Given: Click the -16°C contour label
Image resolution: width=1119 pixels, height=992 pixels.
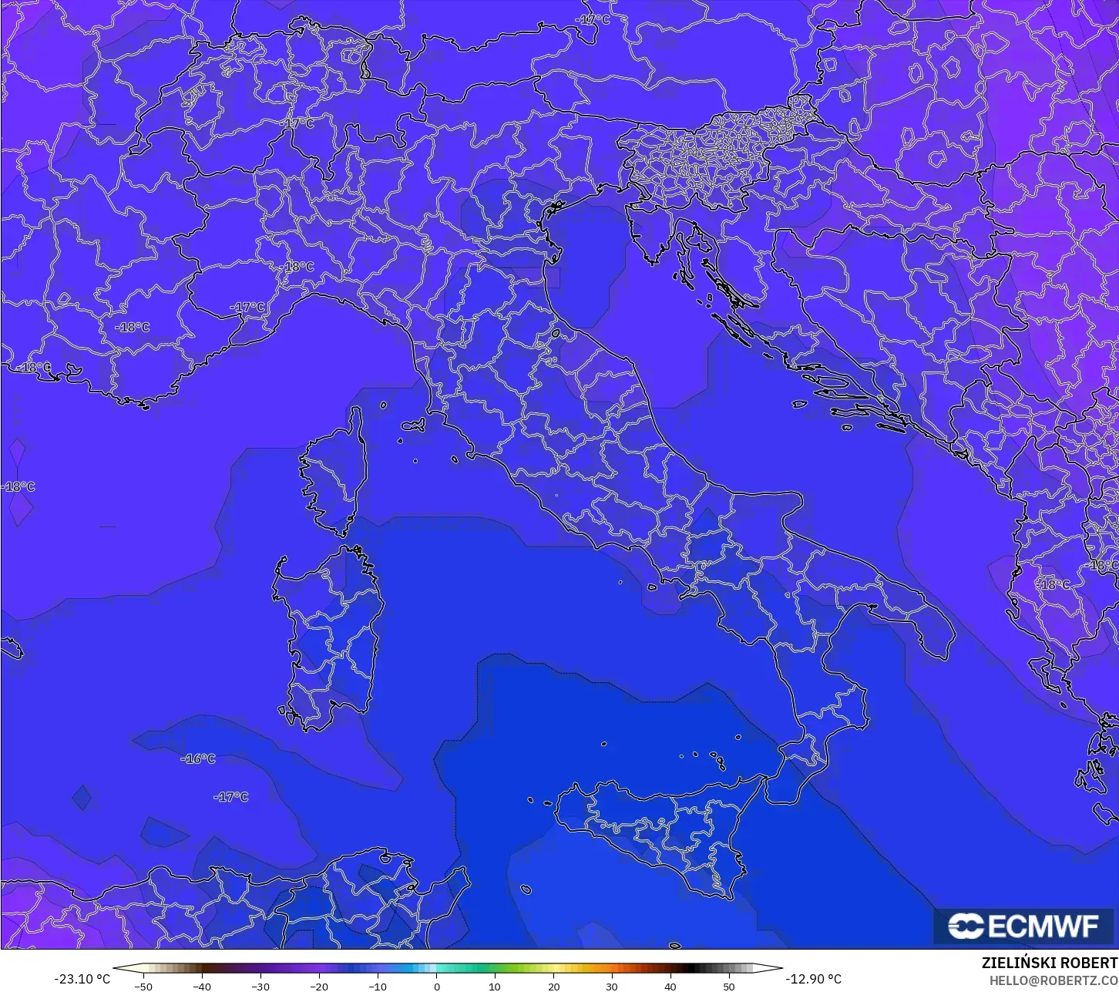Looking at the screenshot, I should tap(198, 759).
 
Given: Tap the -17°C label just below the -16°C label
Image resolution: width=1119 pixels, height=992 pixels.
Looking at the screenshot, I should tap(231, 797).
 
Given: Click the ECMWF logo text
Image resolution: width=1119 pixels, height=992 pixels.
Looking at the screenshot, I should tap(1043, 926).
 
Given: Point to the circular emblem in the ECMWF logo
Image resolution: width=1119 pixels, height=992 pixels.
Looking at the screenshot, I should tap(965, 926).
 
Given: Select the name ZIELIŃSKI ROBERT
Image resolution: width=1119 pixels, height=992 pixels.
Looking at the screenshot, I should tap(1050, 963).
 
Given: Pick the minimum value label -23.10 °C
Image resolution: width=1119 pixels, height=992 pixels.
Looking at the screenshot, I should tap(82, 980).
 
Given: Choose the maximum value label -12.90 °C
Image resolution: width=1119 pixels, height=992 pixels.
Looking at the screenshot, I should tap(813, 980).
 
